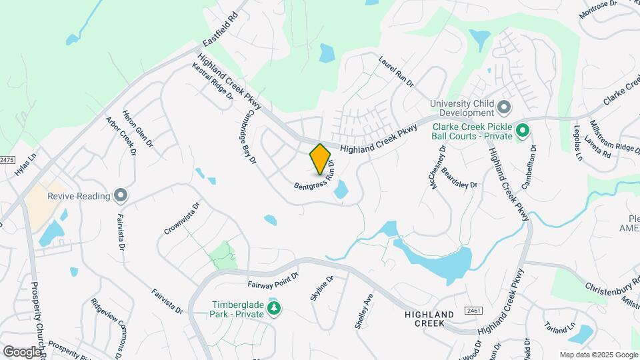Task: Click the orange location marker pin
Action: point(321,159)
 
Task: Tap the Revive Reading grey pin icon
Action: point(121,196)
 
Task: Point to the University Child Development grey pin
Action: point(504,107)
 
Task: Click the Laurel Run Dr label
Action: point(397,72)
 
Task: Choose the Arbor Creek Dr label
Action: point(121,137)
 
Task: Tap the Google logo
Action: point(22,351)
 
